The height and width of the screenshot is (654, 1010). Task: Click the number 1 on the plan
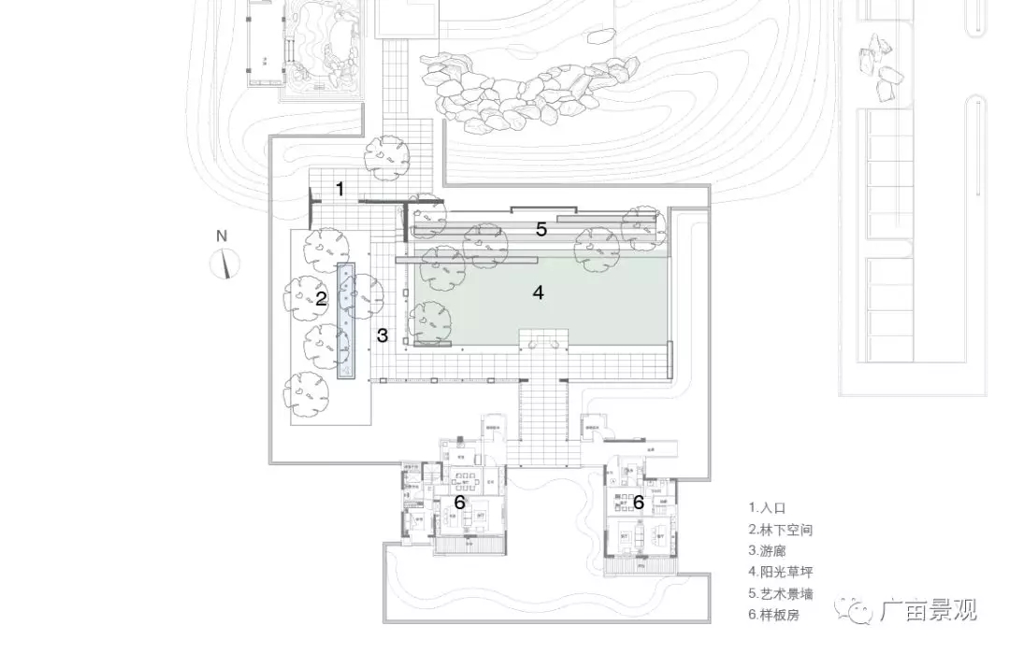pyautogui.click(x=340, y=189)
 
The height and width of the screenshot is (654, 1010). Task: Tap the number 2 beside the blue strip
pyautogui.click(x=321, y=299)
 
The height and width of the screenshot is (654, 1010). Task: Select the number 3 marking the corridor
pyautogui.click(x=382, y=335)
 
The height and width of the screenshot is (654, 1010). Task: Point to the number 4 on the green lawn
pyautogui.click(x=538, y=292)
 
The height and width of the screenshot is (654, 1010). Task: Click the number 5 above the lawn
pyautogui.click(x=541, y=229)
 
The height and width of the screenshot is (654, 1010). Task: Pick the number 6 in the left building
pyautogui.click(x=459, y=502)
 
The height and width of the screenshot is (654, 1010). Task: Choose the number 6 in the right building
pyautogui.click(x=639, y=502)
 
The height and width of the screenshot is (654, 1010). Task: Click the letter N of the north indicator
pyautogui.click(x=222, y=236)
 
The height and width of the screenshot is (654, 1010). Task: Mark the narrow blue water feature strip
pyautogui.click(x=347, y=320)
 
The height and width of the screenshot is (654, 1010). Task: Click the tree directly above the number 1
pyautogui.click(x=387, y=157)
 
